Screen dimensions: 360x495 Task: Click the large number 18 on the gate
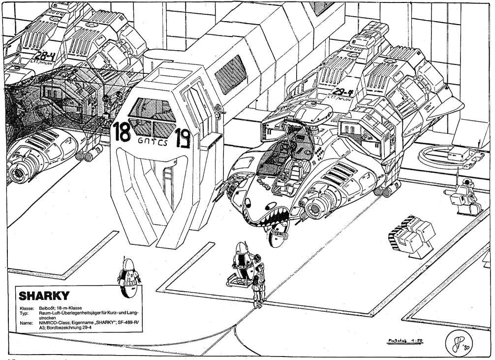(x=123, y=132)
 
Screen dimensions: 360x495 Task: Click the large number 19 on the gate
(x=182, y=133)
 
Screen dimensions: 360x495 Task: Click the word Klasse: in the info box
(x=26, y=307)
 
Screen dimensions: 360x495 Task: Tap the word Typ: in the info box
(x=23, y=313)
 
